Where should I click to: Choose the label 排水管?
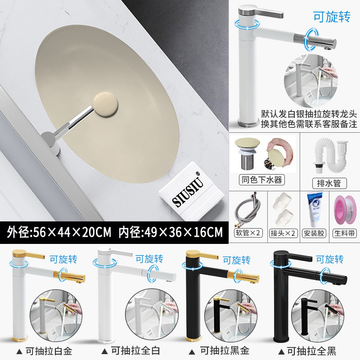(x=329, y=183)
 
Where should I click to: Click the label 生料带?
(x=346, y=233)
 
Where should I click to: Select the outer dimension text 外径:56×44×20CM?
(x=59, y=233)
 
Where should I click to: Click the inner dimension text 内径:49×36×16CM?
(x=171, y=233)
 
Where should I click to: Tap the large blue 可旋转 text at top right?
(x=332, y=16)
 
